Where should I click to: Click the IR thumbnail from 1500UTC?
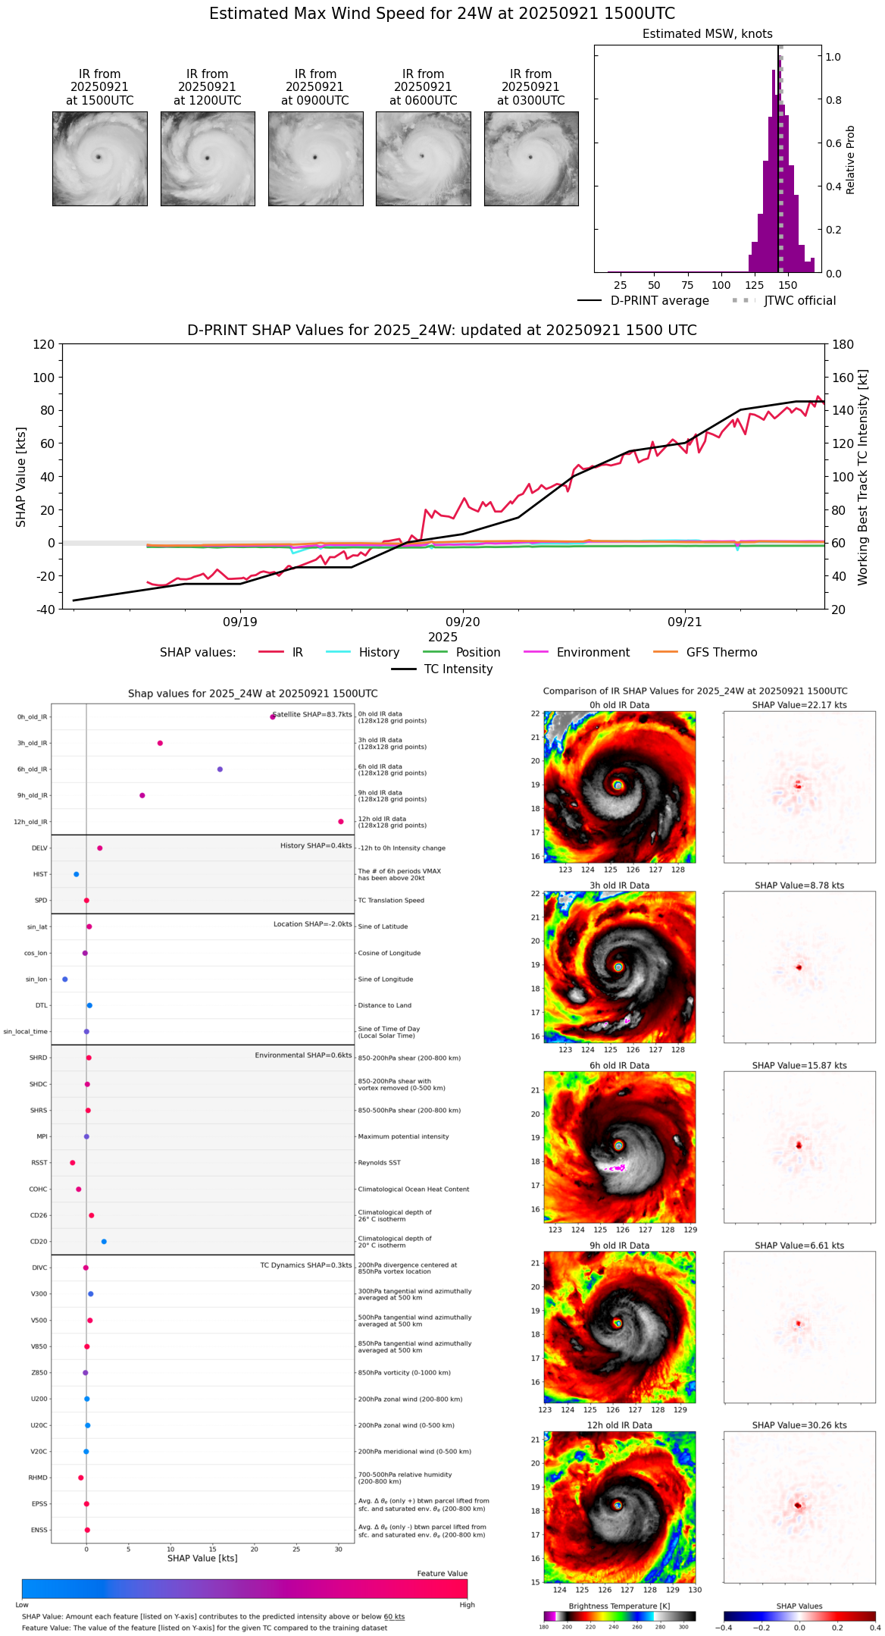[x=99, y=158]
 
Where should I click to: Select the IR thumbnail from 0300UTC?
[x=531, y=158]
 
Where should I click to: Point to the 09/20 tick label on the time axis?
[x=462, y=622]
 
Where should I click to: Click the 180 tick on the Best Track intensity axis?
[x=843, y=345]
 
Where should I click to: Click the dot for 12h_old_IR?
[x=341, y=822]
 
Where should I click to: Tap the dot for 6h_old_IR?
[x=220, y=769]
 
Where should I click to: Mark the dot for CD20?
[x=104, y=1242]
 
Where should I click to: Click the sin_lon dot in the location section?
[x=65, y=979]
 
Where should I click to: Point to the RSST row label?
[x=39, y=1163]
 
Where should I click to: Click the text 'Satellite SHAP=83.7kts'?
[x=311, y=715]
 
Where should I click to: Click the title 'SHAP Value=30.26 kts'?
[x=799, y=1426]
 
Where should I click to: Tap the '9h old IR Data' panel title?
[x=619, y=1246]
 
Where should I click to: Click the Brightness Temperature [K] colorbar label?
[x=619, y=1606]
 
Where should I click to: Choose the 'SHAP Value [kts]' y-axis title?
[x=21, y=477]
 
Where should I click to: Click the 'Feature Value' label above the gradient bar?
[x=442, y=1574]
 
